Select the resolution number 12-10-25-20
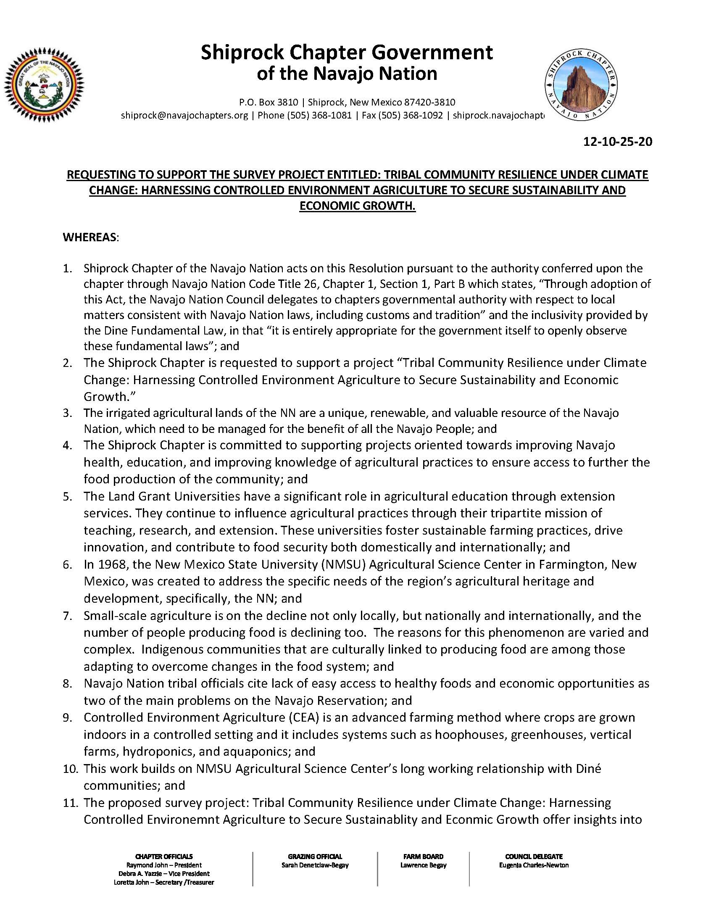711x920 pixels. (x=617, y=141)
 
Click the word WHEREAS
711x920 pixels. (x=90, y=237)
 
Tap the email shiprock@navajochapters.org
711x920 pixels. (x=184, y=115)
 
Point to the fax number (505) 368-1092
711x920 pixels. (x=412, y=115)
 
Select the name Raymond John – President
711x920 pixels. (x=164, y=865)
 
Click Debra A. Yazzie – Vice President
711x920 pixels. (x=164, y=874)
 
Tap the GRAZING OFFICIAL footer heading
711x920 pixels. (x=315, y=857)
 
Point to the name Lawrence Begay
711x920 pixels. (x=423, y=865)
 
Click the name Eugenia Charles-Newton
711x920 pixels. (x=534, y=865)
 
